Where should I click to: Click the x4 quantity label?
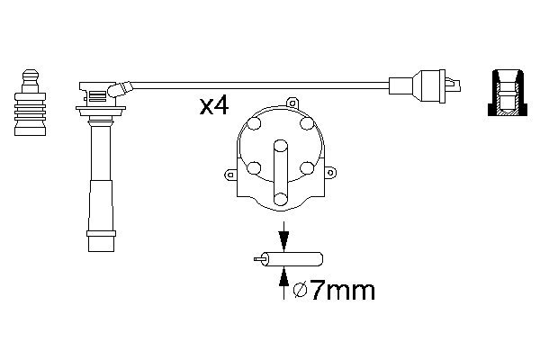[214, 107]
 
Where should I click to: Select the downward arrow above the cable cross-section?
[284, 240]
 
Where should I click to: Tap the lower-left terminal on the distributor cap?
[255, 166]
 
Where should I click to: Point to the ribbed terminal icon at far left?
[29, 103]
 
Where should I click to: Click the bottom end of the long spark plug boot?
[101, 241]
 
